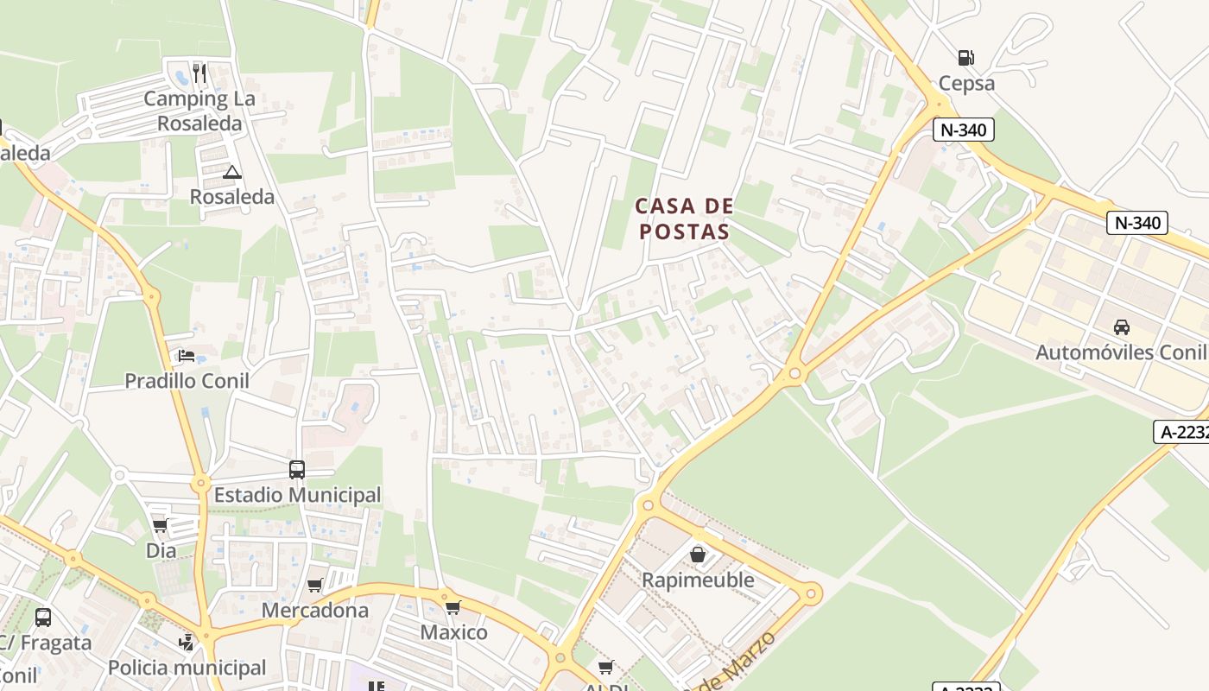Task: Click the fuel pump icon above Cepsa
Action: coord(965,58)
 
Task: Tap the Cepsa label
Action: coord(967,84)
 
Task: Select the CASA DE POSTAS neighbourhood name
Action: coord(684,219)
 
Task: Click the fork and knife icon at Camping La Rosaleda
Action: coord(199,73)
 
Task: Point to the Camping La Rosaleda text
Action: coord(199,111)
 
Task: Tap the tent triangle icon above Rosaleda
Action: coord(231,172)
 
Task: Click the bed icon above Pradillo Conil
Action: coord(187,355)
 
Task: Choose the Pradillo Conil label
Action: coord(187,381)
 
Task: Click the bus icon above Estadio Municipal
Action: coord(297,470)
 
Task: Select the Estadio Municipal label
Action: coord(297,495)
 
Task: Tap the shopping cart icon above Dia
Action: coord(160,525)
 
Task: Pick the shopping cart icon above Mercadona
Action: coord(315,585)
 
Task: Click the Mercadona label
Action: coord(315,611)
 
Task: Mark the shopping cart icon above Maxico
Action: coord(453,606)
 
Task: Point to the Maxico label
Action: coord(453,632)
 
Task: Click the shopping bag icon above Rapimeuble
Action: coord(698,554)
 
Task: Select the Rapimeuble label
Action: coord(698,580)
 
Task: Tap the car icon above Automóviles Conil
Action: coord(1121,327)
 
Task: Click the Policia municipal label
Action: coord(187,668)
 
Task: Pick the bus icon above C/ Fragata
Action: coord(43,618)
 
